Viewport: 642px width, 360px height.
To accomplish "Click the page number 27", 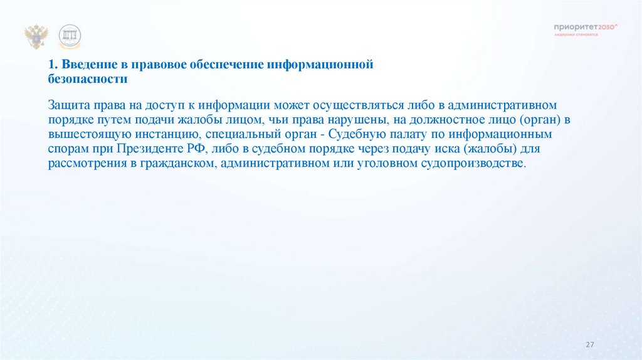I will (x=589, y=344).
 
